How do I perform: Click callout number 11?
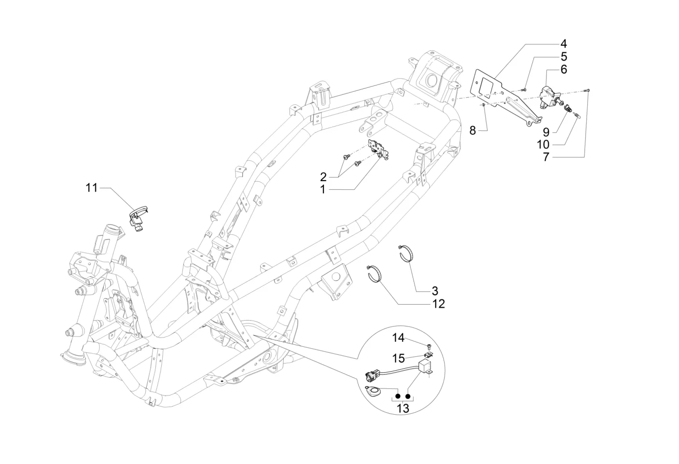[x=92, y=187]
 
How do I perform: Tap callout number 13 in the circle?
[x=402, y=409]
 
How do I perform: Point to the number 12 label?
[x=439, y=304]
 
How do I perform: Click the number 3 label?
[x=434, y=291]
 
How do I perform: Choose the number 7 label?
[x=546, y=157]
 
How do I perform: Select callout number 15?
[x=399, y=359]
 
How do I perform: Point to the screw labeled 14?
[x=429, y=345]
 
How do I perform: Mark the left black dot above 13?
[x=398, y=396]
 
